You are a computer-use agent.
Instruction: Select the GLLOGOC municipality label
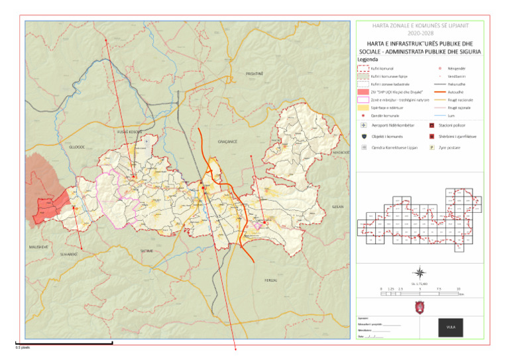tap(68, 145)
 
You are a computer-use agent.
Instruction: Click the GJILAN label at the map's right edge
tap(338, 207)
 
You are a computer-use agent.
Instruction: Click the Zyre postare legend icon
tap(431, 148)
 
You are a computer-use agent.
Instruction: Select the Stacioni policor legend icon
tap(431, 125)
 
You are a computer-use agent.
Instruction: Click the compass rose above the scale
tap(420, 272)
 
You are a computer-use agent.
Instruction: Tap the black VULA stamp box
tap(451, 327)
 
